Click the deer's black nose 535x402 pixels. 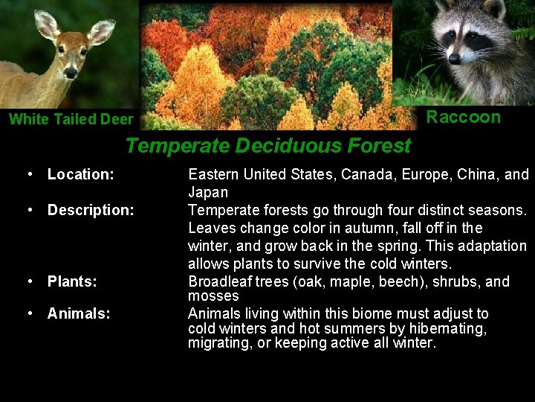point(71,72)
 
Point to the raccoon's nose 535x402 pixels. point(454,58)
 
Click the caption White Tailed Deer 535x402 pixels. point(71,119)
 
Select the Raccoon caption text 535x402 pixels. point(463,117)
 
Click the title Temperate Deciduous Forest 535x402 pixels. point(267,145)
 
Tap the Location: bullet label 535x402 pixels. point(80,174)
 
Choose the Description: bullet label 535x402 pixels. point(91,210)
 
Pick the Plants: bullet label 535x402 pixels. point(72,281)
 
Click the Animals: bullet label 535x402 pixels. point(79,313)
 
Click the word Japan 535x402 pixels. point(208,192)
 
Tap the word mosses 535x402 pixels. point(213,296)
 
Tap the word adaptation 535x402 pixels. point(490,246)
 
